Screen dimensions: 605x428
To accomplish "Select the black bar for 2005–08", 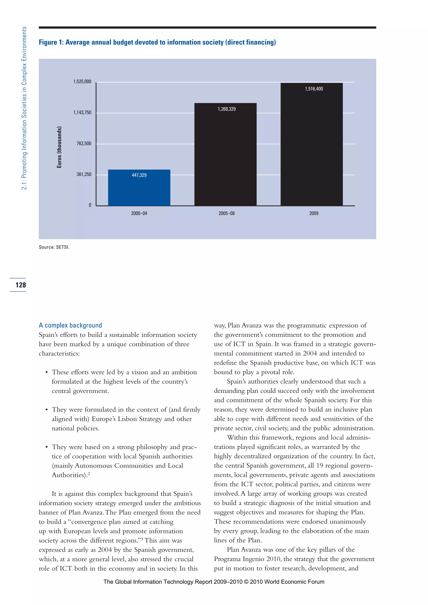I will click(x=225, y=158).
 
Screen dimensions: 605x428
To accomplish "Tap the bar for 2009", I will click(x=312, y=147).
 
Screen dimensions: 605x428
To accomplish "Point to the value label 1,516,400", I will click(x=314, y=89).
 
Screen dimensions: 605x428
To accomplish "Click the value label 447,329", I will click(x=139, y=175).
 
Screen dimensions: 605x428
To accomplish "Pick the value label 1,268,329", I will click(x=227, y=109).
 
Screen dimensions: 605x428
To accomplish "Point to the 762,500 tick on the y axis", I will click(x=84, y=144).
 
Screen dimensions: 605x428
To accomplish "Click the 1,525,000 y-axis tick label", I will click(x=82, y=82).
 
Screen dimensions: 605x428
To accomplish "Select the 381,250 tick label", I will click(x=84, y=174).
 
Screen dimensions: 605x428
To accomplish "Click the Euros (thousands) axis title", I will click(x=59, y=147).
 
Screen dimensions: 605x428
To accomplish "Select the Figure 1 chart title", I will click(x=157, y=42).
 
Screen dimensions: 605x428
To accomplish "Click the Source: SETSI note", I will click(x=54, y=247).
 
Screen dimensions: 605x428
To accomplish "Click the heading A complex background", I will click(x=70, y=325).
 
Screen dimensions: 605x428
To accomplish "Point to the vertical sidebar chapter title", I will click(x=24, y=108).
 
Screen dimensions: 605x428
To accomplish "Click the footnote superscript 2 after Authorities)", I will click(x=89, y=474).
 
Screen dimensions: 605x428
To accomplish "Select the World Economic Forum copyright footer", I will click(x=214, y=582).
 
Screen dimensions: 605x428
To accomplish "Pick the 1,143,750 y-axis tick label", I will click(x=82, y=113).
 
